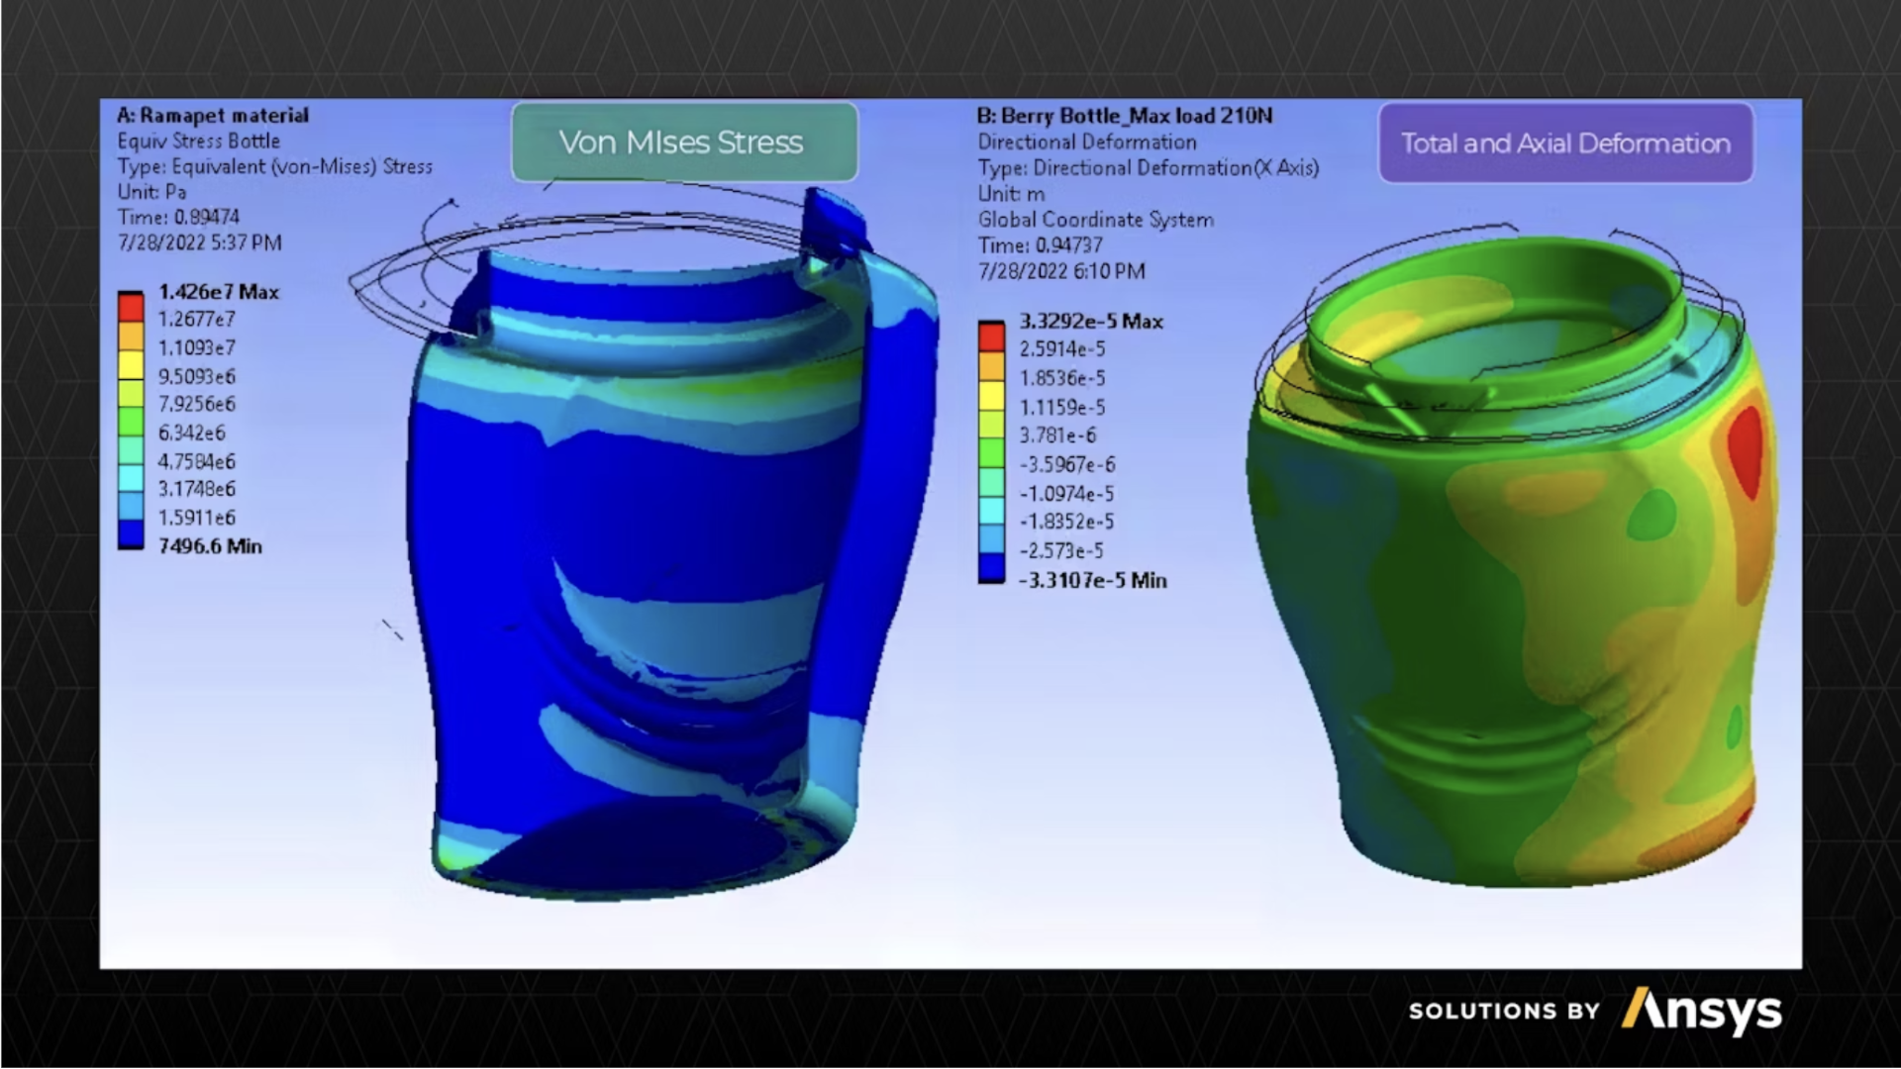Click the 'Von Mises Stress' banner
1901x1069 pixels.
click(x=684, y=143)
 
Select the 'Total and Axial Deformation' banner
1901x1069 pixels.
click(x=1565, y=144)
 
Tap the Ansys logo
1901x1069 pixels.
click(x=1702, y=1012)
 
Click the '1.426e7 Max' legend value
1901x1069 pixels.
click(x=219, y=292)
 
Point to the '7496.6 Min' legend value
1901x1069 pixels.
click(x=210, y=546)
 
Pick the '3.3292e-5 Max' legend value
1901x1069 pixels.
click(x=1091, y=322)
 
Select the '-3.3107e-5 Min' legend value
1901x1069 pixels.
click(x=1093, y=581)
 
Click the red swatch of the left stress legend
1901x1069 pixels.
click(x=131, y=306)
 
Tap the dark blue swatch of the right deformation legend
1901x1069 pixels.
click(x=991, y=567)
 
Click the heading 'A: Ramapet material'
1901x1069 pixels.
click(x=213, y=116)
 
